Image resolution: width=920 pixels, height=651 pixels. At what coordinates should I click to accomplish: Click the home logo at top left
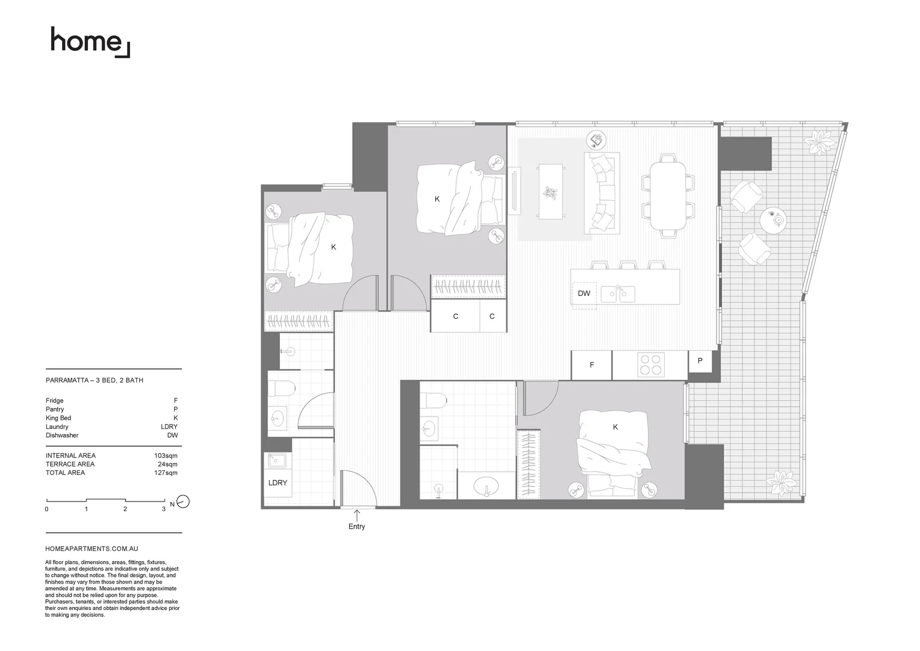(90, 42)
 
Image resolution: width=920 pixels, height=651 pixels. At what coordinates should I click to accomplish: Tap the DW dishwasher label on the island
(583, 294)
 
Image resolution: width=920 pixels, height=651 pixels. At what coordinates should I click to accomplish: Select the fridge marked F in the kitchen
(591, 365)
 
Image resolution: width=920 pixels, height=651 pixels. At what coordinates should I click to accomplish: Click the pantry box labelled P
(700, 361)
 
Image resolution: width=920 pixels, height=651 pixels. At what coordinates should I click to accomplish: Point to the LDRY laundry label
(278, 483)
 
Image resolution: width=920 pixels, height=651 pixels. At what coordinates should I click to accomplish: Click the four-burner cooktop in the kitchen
(650, 365)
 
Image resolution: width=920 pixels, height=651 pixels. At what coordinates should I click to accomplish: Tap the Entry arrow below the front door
(356, 516)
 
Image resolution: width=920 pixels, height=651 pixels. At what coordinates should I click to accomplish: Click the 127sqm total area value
(166, 473)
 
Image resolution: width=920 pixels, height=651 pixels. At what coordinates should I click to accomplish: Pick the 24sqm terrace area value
(167, 464)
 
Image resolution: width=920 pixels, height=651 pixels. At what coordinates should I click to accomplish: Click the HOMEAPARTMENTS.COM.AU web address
(92, 549)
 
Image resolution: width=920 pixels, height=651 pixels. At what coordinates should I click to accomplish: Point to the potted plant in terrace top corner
(819, 142)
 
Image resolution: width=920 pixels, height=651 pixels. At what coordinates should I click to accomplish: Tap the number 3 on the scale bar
(164, 509)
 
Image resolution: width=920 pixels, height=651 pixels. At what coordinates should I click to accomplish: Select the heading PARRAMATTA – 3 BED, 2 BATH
(95, 381)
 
